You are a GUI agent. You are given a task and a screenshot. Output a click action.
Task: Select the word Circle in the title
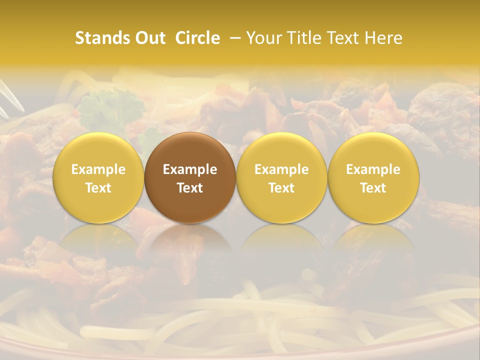(x=197, y=38)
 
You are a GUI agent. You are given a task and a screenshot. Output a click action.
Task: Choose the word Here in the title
(x=383, y=38)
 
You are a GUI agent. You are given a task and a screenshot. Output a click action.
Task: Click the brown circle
(x=190, y=178)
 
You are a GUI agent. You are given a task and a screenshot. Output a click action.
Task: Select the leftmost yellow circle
(x=98, y=178)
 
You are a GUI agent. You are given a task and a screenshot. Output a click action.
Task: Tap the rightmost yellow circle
(x=373, y=178)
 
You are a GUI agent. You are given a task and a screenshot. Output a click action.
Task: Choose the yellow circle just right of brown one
(x=281, y=178)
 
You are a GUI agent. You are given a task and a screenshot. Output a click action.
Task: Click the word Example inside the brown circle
(x=190, y=169)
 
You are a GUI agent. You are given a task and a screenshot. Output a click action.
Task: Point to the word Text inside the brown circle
(x=190, y=188)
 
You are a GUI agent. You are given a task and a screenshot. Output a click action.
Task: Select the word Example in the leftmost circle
(x=98, y=169)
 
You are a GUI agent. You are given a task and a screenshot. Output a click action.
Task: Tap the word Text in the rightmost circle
(x=373, y=188)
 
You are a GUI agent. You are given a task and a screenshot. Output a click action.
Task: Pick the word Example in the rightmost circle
(x=373, y=169)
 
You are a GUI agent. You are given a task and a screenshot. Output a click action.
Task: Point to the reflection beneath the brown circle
(x=190, y=245)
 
